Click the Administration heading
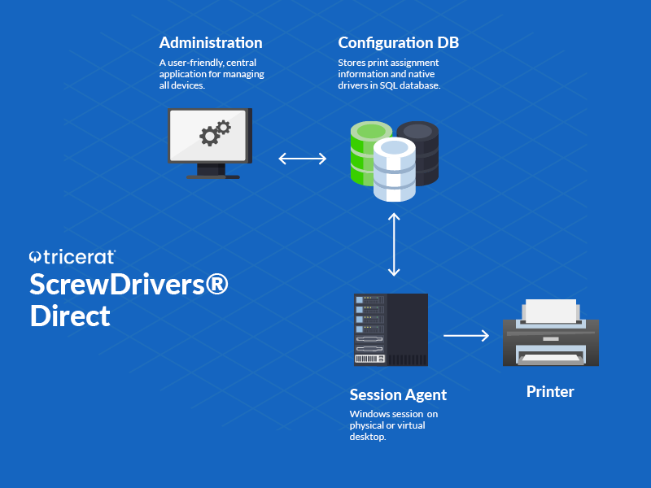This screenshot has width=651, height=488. (211, 43)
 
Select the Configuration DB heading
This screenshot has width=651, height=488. (392, 43)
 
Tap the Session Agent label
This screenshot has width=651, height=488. (398, 395)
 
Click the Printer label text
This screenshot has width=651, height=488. (550, 392)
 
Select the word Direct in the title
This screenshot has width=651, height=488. (70, 316)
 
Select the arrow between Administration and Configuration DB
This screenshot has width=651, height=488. (302, 158)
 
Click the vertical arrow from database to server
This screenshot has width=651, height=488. (395, 245)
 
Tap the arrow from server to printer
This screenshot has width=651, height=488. (465, 334)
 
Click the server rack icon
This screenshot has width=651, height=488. (391, 329)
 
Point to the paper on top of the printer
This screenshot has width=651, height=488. (551, 310)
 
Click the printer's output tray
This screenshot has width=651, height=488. (551, 358)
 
